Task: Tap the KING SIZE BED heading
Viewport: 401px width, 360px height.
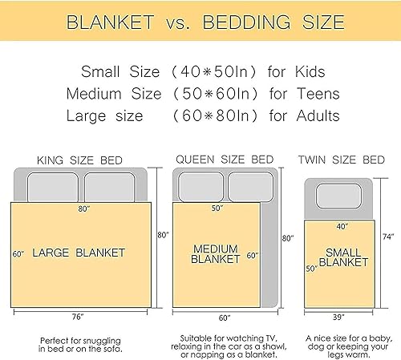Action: (x=80, y=160)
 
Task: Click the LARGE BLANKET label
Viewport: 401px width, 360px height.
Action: (x=79, y=253)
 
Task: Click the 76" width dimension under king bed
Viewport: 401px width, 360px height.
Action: (x=77, y=316)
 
